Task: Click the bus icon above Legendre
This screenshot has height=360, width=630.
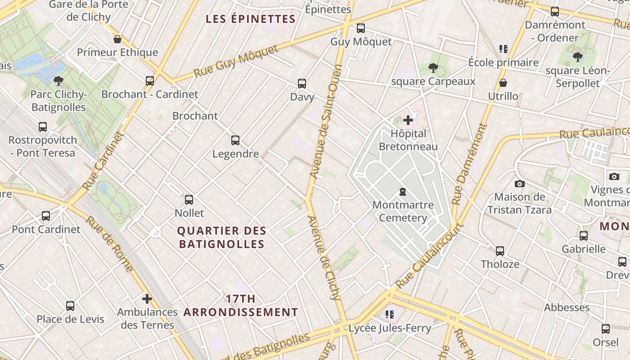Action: coord(235,140)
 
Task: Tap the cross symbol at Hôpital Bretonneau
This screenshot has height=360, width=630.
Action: coord(408,120)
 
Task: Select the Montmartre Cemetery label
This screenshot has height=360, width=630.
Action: coord(403,211)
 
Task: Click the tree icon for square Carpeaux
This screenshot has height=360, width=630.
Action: coord(433,68)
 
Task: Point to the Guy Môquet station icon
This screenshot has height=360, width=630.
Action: coord(360,28)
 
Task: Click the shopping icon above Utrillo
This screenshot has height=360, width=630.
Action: coord(503,83)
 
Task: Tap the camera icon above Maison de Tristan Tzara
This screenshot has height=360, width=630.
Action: coord(520,184)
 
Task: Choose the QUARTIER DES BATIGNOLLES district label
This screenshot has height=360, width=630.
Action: coord(221,238)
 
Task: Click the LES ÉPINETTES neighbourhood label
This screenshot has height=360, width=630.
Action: coord(250,19)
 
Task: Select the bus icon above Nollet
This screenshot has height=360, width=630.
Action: coord(189,199)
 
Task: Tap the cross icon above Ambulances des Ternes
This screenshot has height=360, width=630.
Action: coord(147,298)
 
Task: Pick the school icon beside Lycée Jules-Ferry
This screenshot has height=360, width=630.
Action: coord(390,314)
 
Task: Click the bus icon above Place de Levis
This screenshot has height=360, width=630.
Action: coord(70,306)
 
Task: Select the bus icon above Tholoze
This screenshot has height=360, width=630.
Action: coord(500,251)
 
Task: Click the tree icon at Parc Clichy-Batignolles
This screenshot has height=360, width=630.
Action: coord(58,81)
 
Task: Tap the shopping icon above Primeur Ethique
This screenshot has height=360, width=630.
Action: coord(117,39)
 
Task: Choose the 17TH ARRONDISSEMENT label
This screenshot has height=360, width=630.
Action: coord(240,305)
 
